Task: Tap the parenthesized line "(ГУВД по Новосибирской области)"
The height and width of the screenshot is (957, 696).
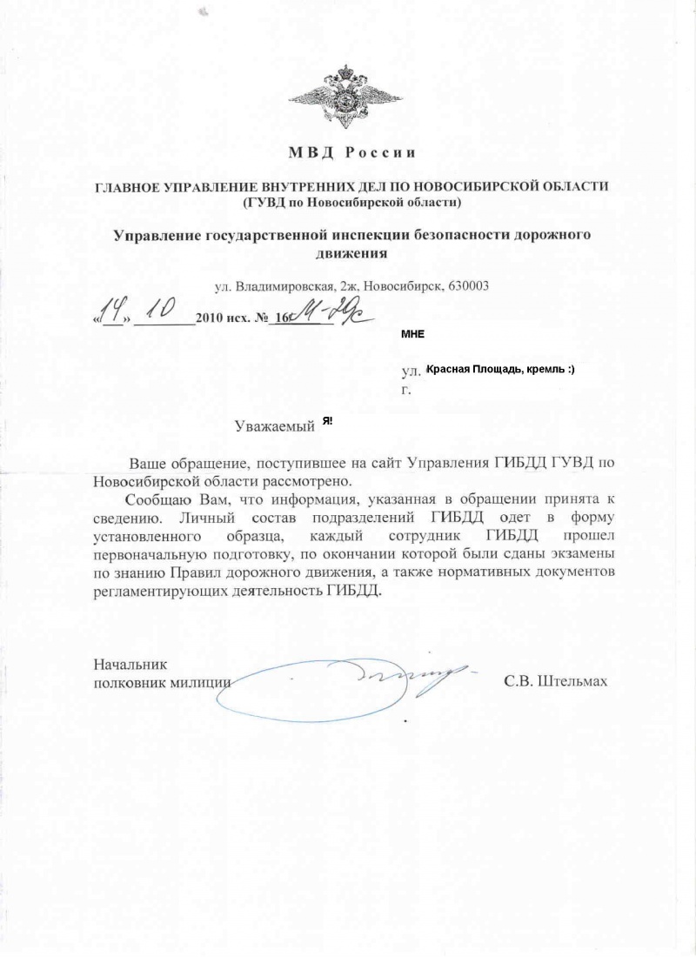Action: coord(352,202)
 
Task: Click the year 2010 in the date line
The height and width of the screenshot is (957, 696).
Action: coord(211,318)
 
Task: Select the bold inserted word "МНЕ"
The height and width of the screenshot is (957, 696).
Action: coord(412,334)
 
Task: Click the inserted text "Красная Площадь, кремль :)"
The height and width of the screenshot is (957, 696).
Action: coord(499,370)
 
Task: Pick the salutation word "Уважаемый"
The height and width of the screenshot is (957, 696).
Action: coord(274,426)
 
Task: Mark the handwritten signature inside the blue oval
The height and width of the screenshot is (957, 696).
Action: coord(409,679)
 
